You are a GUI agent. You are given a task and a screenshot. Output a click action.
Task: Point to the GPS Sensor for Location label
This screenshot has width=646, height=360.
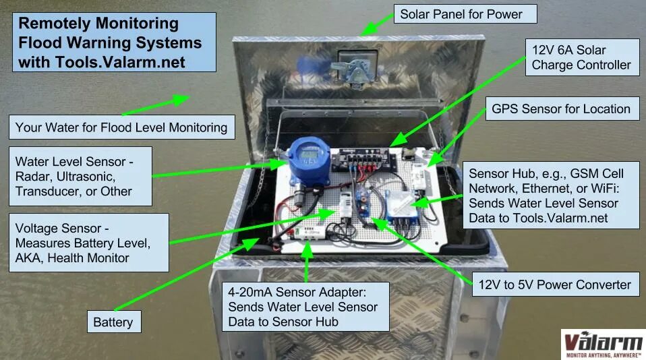[x=561, y=109]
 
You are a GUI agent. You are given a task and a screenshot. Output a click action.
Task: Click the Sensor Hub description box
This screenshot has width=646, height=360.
[x=550, y=194]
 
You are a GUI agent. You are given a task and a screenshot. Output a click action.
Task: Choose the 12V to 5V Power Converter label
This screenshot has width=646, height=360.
[x=554, y=284]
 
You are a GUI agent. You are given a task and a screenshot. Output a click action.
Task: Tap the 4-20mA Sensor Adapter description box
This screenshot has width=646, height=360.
[x=306, y=307]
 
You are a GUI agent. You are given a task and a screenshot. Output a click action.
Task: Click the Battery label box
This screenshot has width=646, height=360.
[x=113, y=322]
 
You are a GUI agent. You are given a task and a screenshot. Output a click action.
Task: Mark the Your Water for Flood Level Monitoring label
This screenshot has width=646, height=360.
[x=121, y=127]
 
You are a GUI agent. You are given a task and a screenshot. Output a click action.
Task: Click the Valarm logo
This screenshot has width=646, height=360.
[x=602, y=342]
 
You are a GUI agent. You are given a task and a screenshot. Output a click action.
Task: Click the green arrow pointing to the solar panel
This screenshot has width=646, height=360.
[x=377, y=23]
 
